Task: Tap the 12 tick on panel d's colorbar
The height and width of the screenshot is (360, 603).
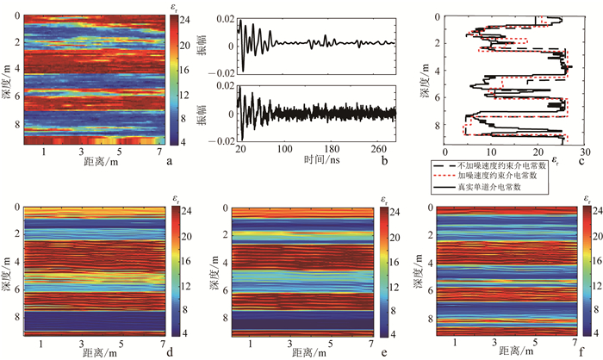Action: point(180,282)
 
